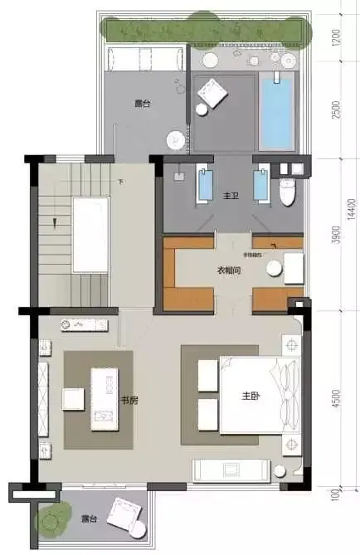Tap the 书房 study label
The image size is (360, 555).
pyautogui.click(x=129, y=400)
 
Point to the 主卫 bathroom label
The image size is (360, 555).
pyautogui.click(x=231, y=196)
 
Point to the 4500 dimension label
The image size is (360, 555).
pyautogui.click(x=336, y=400)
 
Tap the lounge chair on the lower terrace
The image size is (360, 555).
pyautogui.click(x=127, y=513)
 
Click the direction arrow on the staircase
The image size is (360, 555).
pyautogui.click(x=55, y=222)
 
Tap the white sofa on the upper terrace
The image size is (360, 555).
pyautogui.click(x=144, y=59)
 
